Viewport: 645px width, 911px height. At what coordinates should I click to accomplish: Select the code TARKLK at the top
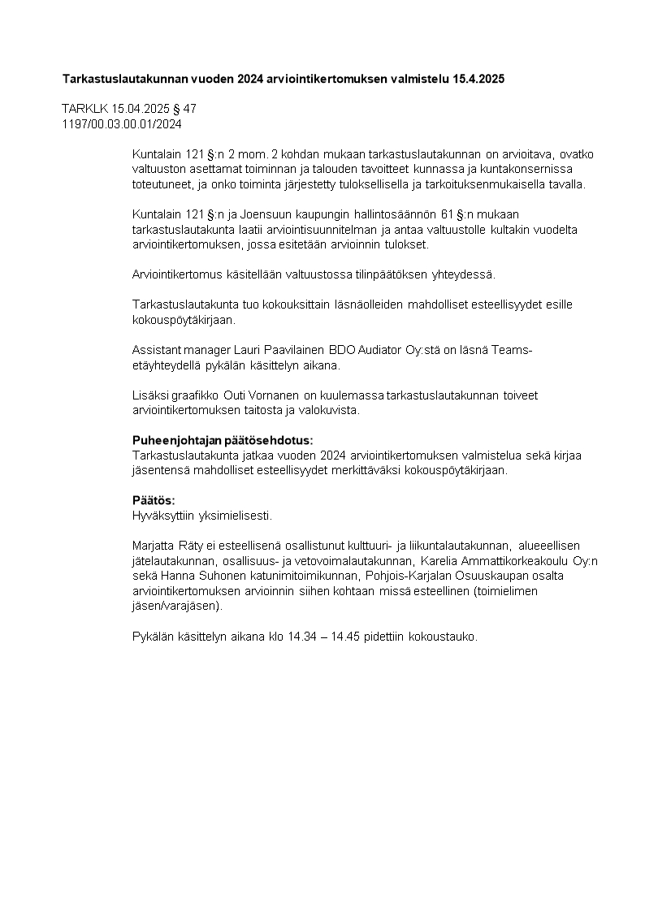[80, 109]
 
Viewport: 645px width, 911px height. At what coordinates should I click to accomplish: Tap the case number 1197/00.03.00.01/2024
[122, 124]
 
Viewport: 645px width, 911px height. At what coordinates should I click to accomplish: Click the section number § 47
[184, 109]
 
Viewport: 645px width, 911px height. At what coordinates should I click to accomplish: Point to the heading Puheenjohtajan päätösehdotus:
[222, 440]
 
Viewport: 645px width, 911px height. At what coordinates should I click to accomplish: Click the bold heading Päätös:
[154, 500]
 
